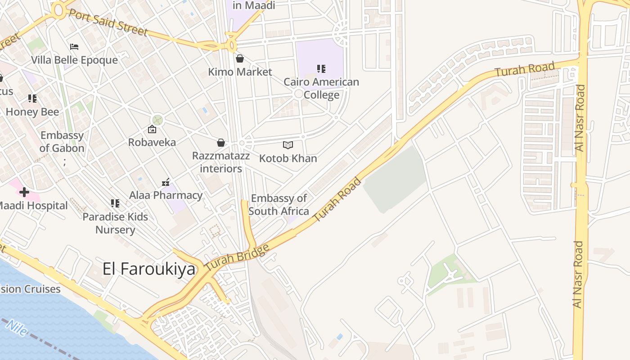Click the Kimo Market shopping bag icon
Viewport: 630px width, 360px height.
[240, 58]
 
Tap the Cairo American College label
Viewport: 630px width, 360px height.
[321, 88]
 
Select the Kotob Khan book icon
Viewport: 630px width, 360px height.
[288, 145]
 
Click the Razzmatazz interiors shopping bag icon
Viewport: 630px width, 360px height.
[221, 143]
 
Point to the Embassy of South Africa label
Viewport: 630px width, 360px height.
[279, 205]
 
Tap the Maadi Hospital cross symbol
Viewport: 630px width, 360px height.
[24, 193]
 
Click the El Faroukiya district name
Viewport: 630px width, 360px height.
[149, 269]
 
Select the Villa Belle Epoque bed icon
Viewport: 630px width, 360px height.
[74, 46]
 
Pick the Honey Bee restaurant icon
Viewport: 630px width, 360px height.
[32, 98]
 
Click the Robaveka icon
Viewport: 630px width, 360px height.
[152, 130]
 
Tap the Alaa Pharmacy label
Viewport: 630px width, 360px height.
[166, 195]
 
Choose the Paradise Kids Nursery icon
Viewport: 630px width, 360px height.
[115, 203]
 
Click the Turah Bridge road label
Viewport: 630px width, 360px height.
[237, 257]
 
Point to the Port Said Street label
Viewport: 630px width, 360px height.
[108, 21]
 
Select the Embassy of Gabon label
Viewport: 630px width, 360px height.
[62, 142]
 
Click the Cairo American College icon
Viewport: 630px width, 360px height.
[321, 69]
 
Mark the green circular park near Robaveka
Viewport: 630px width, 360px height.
[157, 120]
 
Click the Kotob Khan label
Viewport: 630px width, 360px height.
[288, 158]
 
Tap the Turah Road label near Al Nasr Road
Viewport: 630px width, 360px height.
[525, 69]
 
